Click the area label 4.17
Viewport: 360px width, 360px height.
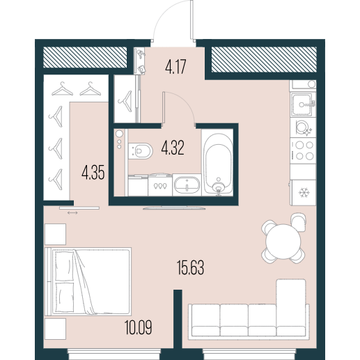(175, 67)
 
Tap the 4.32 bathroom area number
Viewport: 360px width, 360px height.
(173, 148)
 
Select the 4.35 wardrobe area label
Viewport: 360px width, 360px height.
(93, 173)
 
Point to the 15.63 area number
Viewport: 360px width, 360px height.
(190, 267)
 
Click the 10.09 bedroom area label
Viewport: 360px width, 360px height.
(139, 327)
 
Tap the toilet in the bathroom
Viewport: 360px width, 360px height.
(141, 151)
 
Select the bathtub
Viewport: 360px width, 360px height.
(218, 163)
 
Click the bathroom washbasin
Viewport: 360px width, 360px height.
(187, 185)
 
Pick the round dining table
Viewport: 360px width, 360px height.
(283, 242)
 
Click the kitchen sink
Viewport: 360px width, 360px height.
(302, 104)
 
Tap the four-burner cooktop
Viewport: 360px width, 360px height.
(304, 151)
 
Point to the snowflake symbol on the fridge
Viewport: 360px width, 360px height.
(304, 193)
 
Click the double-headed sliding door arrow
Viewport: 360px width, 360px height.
(72, 212)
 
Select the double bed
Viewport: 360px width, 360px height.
(88, 281)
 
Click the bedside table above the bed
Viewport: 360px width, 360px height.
(55, 234)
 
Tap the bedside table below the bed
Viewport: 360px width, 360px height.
(55, 329)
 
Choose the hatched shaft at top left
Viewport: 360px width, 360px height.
(85, 57)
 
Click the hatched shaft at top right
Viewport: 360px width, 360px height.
(264, 59)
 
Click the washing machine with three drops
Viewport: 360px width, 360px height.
(160, 185)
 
